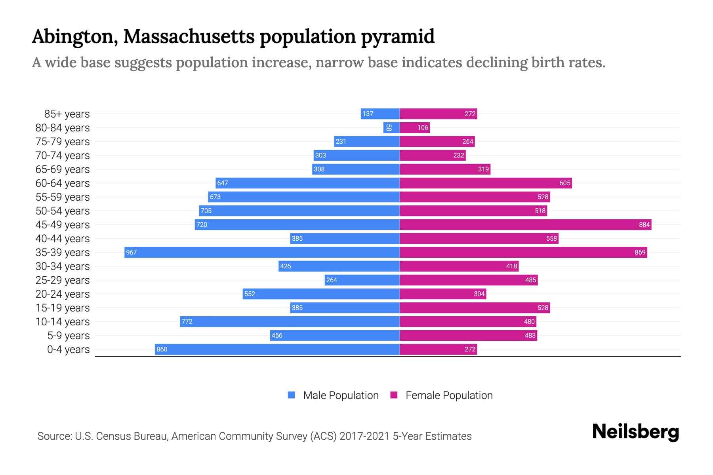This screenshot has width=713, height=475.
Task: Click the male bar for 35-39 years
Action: pyautogui.click(x=261, y=252)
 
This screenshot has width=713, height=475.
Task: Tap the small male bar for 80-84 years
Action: pyautogui.click(x=391, y=127)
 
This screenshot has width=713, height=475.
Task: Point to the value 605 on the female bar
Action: pyautogui.click(x=565, y=183)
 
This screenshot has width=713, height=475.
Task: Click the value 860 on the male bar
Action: pyautogui.click(x=162, y=349)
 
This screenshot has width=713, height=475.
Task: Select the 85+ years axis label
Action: pyautogui.click(x=67, y=114)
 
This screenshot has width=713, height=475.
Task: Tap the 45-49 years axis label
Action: pyautogui.click(x=63, y=225)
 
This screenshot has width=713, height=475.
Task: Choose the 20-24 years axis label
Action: pyautogui.click(x=63, y=294)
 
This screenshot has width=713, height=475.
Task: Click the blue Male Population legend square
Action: pyautogui.click(x=292, y=395)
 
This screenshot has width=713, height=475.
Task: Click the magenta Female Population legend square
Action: pyautogui.click(x=394, y=395)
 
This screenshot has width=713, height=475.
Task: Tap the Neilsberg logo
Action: pyautogui.click(x=635, y=432)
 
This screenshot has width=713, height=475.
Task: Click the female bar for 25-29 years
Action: pyautogui.click(x=469, y=280)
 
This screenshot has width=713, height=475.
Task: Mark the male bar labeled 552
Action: pyautogui.click(x=321, y=294)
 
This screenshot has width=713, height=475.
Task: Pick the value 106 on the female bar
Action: pyautogui.click(x=423, y=127)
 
